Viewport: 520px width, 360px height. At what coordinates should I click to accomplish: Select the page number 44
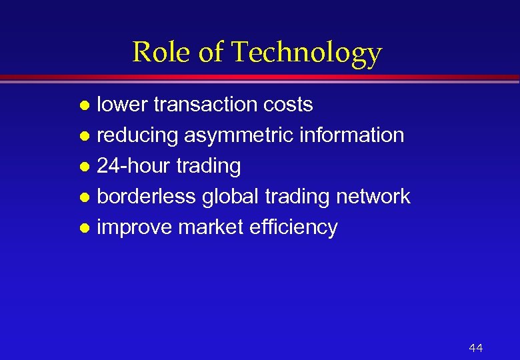[475, 348]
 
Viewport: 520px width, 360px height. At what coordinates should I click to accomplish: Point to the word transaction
[206, 105]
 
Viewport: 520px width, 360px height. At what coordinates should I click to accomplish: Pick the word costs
[288, 105]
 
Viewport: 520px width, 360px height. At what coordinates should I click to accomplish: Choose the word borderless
[147, 197]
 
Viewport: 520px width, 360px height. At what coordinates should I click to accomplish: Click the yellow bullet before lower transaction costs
[84, 106]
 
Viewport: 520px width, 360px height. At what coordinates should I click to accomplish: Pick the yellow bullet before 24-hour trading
[84, 167]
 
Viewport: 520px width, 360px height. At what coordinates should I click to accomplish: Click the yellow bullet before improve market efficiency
[84, 229]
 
